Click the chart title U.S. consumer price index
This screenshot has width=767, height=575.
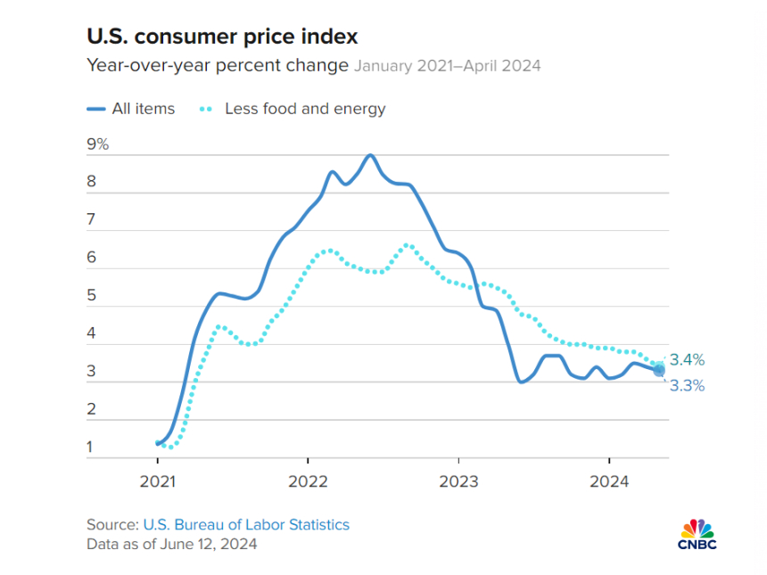coord(221,37)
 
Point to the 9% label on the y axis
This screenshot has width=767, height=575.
coord(97,144)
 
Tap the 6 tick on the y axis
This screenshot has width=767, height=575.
coord(91,259)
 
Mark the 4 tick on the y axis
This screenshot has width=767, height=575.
coord(91,334)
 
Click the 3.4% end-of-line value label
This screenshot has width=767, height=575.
coord(687,360)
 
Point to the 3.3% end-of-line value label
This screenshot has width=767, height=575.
coord(687,386)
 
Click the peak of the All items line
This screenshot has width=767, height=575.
coord(369,155)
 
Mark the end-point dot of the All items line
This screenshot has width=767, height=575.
coord(659,370)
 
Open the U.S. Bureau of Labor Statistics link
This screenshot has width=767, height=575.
coord(246,524)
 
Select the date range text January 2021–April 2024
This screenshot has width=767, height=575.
coord(447,65)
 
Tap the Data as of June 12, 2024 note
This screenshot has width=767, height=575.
coord(171,544)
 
